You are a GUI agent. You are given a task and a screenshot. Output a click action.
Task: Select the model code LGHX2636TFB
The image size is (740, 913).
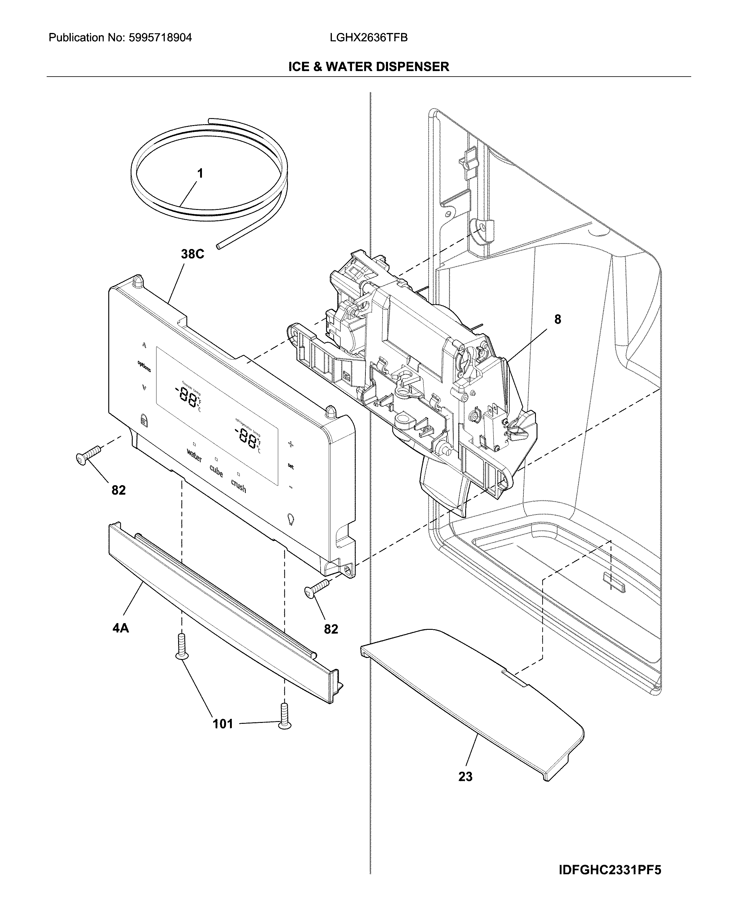(369, 38)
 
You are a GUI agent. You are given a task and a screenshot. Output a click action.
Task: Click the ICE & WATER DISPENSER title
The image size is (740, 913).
(369, 67)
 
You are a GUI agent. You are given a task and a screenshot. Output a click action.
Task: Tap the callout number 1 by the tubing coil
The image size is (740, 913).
(199, 174)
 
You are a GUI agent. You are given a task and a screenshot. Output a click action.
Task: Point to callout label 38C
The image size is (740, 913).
(192, 254)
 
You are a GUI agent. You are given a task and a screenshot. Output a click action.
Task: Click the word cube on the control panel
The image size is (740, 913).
(216, 471)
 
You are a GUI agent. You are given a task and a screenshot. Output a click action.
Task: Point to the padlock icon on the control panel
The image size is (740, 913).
(143, 420)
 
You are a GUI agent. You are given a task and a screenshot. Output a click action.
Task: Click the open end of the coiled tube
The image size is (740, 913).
(219, 247)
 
